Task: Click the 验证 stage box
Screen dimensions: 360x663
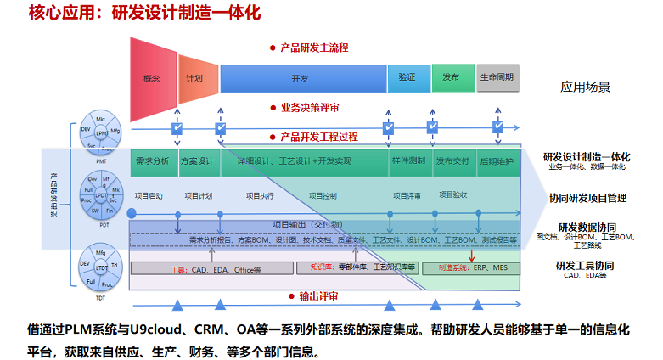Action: pos(407,77)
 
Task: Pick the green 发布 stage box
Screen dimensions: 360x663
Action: pos(450,77)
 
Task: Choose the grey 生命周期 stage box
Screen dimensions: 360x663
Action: pos(497,77)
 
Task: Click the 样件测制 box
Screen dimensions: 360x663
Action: pos(407,160)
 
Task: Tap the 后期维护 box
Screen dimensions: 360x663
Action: pos(497,160)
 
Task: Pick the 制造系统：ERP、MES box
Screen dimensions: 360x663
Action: pos(472,267)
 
